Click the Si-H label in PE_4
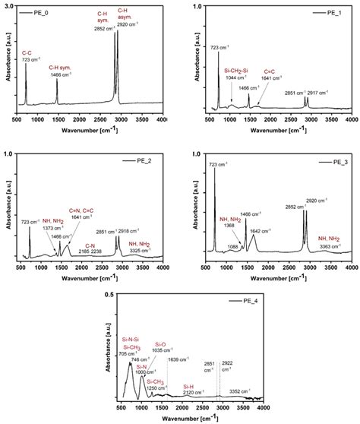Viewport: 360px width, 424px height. tap(191, 386)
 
